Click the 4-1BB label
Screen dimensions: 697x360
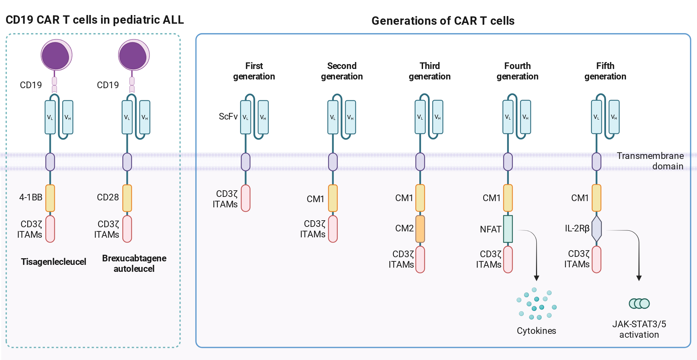(31, 197)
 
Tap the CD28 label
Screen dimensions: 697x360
(108, 197)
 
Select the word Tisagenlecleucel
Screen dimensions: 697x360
(53, 262)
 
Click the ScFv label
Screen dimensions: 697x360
(228, 116)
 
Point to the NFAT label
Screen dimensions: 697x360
(490, 229)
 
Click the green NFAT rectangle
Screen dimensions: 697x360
(508, 229)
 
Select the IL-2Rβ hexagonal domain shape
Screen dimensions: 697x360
(597, 229)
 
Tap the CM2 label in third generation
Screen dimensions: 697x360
(404, 228)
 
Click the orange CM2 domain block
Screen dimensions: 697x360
(420, 229)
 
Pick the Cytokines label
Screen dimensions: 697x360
(536, 331)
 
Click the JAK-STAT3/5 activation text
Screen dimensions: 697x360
(639, 329)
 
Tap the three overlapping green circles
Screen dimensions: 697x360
(639, 304)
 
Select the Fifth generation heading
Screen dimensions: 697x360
(605, 71)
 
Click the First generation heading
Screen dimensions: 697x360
(254, 71)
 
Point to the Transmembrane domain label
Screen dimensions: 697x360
(650, 161)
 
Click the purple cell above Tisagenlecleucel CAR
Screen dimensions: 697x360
(56, 55)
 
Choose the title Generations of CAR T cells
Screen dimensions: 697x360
(443, 21)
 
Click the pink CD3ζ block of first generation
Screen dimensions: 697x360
(246, 198)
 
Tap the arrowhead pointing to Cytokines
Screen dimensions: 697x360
(537, 278)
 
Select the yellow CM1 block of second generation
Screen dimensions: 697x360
(333, 198)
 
